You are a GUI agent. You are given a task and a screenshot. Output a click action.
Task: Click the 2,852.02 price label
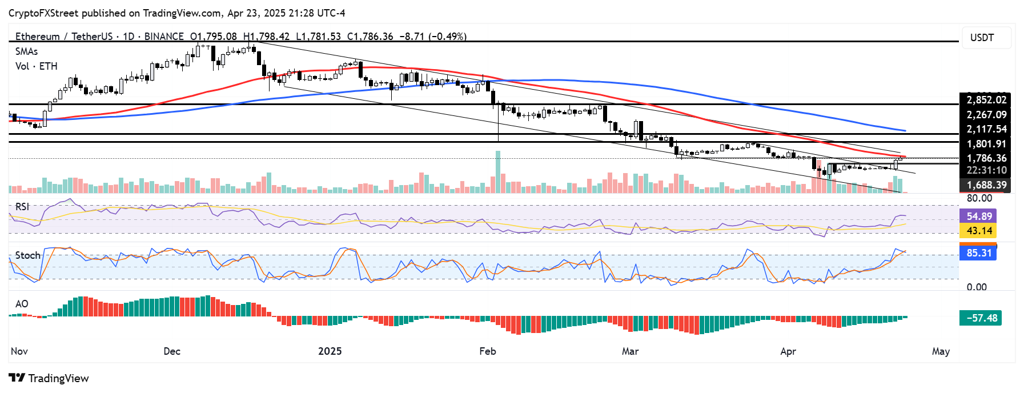point(986,100)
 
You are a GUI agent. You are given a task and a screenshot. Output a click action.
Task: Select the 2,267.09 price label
point(986,115)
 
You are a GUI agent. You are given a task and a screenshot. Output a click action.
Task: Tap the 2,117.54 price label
point(986,130)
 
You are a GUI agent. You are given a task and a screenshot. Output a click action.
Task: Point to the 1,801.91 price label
point(986,144)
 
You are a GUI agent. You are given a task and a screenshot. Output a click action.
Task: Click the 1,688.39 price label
point(986,185)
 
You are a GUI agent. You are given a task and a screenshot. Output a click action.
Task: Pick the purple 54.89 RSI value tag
point(979,216)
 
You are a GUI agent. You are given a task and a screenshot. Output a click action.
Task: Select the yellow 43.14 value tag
point(979,231)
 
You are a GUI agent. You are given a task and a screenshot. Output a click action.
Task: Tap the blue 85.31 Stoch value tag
point(979,252)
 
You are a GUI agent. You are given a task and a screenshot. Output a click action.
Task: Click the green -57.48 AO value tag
point(981,318)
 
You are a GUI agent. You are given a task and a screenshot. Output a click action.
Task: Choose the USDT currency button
point(982,38)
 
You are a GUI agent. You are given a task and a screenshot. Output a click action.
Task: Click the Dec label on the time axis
point(172,351)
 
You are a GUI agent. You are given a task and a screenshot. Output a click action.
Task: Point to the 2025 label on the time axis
point(330,351)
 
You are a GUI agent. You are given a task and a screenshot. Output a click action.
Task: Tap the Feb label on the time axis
point(488,351)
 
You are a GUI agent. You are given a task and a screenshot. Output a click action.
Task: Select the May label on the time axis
point(941,351)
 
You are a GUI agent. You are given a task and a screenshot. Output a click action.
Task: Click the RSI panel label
point(22,207)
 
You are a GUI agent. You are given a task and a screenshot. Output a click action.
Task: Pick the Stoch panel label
point(27,255)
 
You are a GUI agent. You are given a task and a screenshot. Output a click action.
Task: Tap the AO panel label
point(22,304)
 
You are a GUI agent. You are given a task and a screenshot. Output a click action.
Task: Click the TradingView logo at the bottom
point(49,378)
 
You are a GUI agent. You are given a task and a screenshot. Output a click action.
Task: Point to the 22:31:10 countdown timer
point(986,171)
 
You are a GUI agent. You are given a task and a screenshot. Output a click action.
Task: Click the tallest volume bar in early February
point(498,171)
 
